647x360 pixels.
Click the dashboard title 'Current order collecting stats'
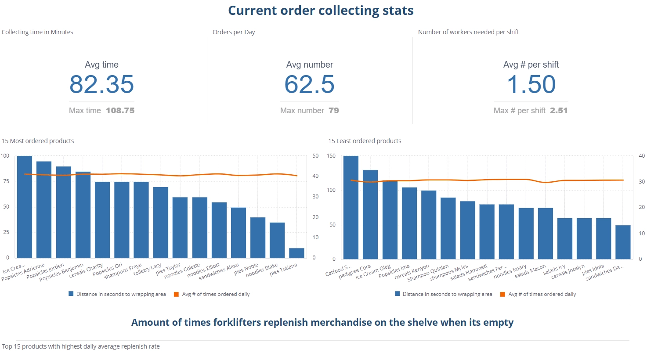pyautogui.click(x=321, y=11)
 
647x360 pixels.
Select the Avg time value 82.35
pyautogui.click(x=101, y=84)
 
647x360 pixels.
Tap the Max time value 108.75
pyautogui.click(x=120, y=111)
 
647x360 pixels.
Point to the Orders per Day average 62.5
pyautogui.click(x=309, y=84)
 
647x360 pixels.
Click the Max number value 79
pyautogui.click(x=334, y=111)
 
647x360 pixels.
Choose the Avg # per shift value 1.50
pyautogui.click(x=531, y=84)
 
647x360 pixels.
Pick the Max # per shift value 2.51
pyautogui.click(x=559, y=111)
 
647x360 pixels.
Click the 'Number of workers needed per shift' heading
pyautogui.click(x=468, y=32)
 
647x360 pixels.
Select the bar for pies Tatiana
pyautogui.click(x=296, y=253)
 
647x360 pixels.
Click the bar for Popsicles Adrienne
pyautogui.click(x=44, y=210)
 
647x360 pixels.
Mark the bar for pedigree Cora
pyautogui.click(x=370, y=215)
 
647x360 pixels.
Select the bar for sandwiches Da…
pyautogui.click(x=623, y=242)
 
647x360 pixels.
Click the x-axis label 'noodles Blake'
pyautogui.click(x=262, y=270)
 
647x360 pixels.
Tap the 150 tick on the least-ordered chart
pyautogui.click(x=331, y=156)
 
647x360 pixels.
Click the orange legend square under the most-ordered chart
pyautogui.click(x=177, y=294)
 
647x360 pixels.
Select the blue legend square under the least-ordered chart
pyautogui.click(x=397, y=294)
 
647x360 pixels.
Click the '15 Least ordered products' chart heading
pyautogui.click(x=365, y=141)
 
